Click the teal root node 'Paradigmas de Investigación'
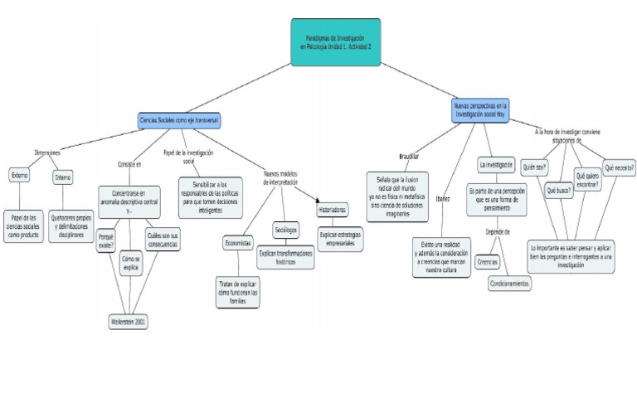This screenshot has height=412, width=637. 336,42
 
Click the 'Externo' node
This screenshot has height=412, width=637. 19,175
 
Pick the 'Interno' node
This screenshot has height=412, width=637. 63,177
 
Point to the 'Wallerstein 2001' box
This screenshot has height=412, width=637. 129,321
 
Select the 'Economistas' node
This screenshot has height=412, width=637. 237,243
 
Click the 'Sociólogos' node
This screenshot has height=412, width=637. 285,230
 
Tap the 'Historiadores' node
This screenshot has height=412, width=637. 332,210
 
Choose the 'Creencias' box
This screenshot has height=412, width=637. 488,262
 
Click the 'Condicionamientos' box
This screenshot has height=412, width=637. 510,283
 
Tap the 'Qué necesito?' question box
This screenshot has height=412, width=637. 620,167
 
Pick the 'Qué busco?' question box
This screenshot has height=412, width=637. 558,190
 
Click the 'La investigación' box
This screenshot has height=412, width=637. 497,163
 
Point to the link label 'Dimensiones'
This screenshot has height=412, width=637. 46,153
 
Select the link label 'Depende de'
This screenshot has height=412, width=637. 497,232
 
